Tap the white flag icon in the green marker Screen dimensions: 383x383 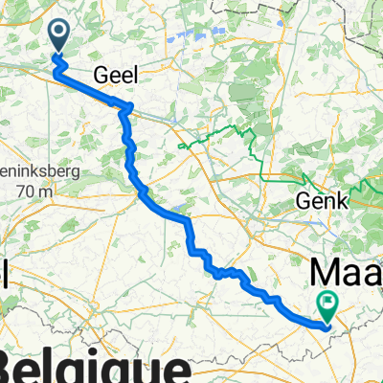[x=328, y=302]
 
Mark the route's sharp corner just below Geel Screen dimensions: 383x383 [x=124, y=108]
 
